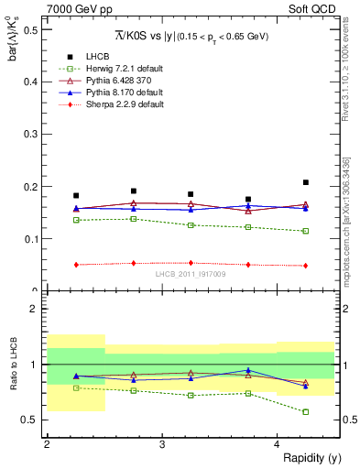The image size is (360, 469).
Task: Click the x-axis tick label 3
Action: pyautogui.click(x=161, y=444)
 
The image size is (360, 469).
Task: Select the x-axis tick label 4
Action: pyautogui.click(x=277, y=444)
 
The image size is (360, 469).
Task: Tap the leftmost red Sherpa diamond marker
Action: pyautogui.click(x=76, y=265)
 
